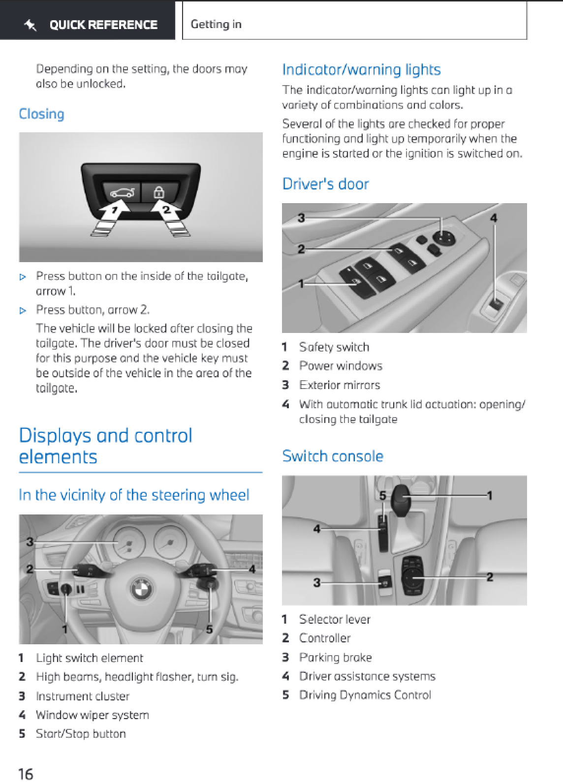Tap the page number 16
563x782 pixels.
(x=26, y=774)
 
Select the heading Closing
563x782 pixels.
(x=41, y=114)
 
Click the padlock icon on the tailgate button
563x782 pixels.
(x=159, y=192)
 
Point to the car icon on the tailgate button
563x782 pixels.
(x=122, y=192)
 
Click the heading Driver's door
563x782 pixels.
(x=325, y=183)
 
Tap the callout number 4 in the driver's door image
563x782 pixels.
(x=494, y=218)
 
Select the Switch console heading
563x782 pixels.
(x=333, y=456)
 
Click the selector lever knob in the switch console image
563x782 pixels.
(x=401, y=499)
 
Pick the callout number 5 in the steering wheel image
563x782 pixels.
(x=209, y=630)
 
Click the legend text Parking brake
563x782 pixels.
(x=336, y=658)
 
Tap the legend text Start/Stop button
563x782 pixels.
(x=81, y=733)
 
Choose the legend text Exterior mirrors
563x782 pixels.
(x=340, y=385)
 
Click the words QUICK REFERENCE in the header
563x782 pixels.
(x=103, y=25)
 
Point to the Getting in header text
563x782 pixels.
(x=216, y=24)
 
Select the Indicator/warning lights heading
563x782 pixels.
(x=362, y=69)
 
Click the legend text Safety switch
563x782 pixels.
(x=334, y=347)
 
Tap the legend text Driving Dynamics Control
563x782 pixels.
(x=365, y=695)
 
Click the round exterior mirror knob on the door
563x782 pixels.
(x=444, y=238)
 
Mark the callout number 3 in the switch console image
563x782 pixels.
(x=317, y=582)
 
